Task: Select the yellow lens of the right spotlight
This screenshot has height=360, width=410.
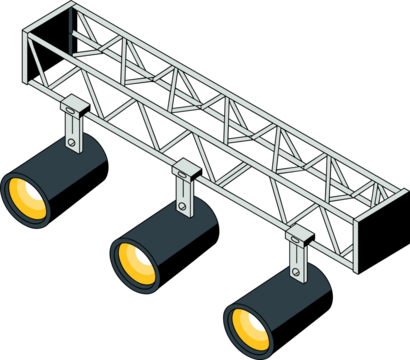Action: pyautogui.click(x=247, y=326)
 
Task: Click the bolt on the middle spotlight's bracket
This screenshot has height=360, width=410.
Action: pyautogui.click(x=184, y=208)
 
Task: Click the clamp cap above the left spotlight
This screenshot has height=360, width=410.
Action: pyautogui.click(x=74, y=103)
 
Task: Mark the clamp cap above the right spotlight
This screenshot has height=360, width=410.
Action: pyautogui.click(x=298, y=234)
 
